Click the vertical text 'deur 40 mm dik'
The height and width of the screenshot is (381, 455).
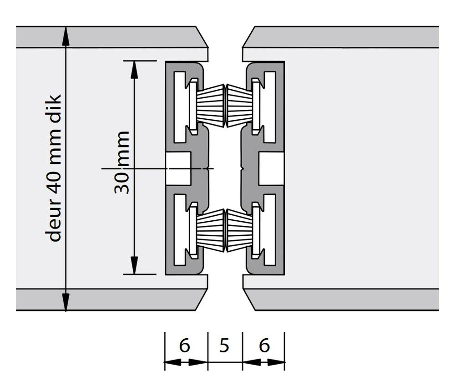(54, 168)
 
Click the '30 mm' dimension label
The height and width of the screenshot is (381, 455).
(122, 162)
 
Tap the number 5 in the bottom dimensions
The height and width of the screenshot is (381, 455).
(224, 345)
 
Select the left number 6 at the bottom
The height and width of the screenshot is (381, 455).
(184, 345)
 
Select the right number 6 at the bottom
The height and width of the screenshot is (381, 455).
(264, 345)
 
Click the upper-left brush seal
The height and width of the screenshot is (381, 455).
(211, 105)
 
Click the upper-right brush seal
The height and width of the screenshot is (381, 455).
(239, 105)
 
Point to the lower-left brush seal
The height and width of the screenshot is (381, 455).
(211, 230)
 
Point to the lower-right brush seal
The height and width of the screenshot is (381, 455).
(239, 230)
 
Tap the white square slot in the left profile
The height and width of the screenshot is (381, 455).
(178, 168)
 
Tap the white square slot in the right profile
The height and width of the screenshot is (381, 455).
(271, 168)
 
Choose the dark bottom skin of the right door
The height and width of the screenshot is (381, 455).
(346, 299)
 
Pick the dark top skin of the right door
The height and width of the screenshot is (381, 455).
(346, 37)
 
